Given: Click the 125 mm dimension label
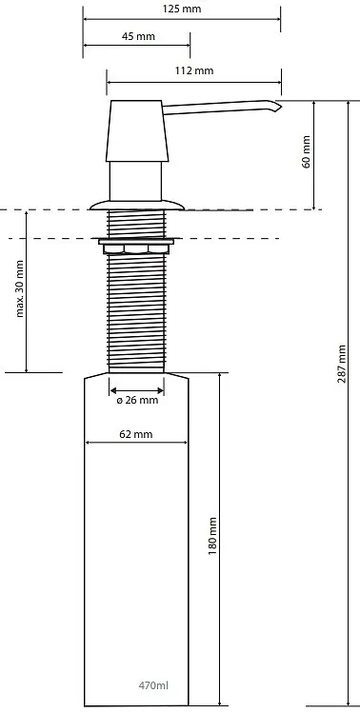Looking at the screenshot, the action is coord(182,9).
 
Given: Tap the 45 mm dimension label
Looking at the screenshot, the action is coord(138,36).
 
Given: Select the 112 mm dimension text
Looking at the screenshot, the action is coord(194,70).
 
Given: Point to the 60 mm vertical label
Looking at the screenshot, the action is coord(307,152).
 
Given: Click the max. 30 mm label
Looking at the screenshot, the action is coord(20,288).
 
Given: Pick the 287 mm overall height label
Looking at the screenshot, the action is coord(342,364).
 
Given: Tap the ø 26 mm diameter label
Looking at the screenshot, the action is coord(137,400).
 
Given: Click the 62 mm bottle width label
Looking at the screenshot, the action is coord(136,434).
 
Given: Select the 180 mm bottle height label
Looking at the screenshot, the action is coord(212,536).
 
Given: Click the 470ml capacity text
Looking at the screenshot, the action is coord(153,684).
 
